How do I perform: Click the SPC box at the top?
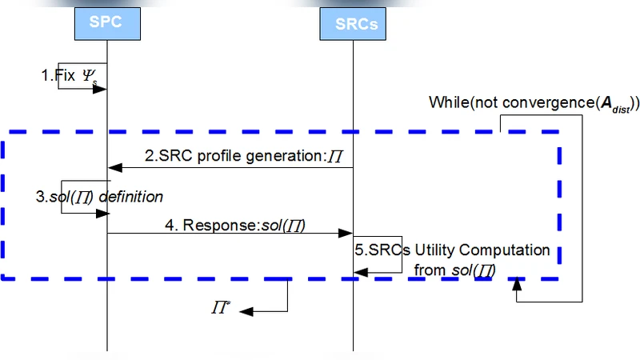107,22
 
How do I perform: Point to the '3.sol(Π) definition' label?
99,196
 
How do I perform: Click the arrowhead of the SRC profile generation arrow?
114,168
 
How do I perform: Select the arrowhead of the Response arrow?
347,234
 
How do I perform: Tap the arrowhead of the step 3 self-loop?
102,213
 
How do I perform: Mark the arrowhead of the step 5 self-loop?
361,273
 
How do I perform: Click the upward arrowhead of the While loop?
519,283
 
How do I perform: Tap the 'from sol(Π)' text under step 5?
454,270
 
